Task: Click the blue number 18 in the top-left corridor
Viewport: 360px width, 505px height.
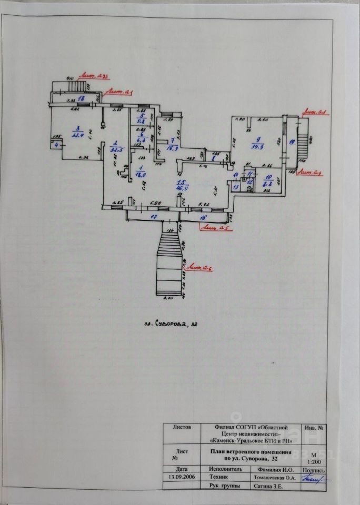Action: click(x=81, y=98)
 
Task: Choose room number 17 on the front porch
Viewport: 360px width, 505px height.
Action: click(x=154, y=216)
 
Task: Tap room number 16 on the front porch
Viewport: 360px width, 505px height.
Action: click(x=203, y=216)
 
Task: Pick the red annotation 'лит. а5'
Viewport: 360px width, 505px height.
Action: click(x=215, y=228)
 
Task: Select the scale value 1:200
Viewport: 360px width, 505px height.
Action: click(x=314, y=462)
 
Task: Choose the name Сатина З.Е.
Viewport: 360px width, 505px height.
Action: click(x=267, y=487)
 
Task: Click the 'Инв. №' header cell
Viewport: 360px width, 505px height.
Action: click(x=314, y=429)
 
